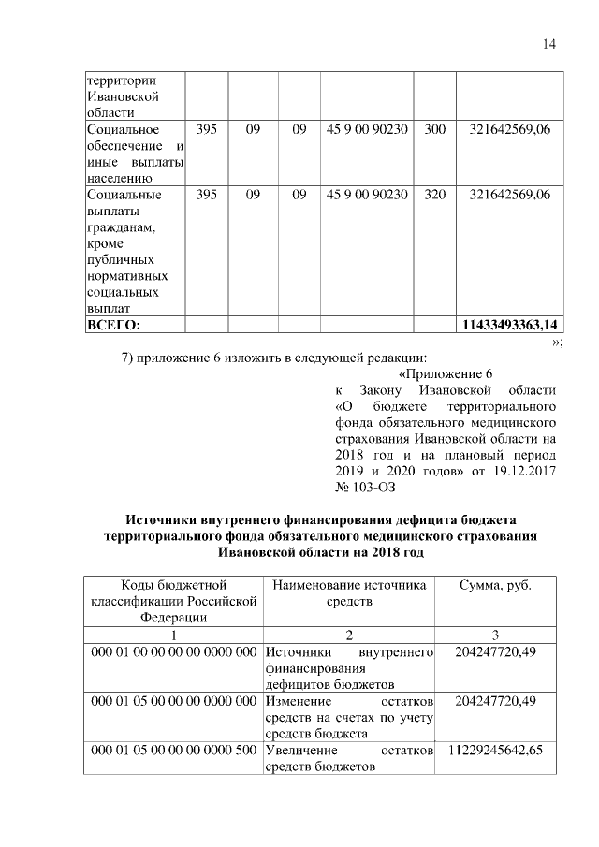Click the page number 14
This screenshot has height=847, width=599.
549,45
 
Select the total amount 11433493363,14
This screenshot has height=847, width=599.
510,325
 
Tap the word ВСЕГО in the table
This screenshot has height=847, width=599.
112,325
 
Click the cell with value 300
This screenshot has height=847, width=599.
434,128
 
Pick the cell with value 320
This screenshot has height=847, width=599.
434,195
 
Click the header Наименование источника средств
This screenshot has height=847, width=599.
349,592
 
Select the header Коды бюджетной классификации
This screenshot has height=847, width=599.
172,600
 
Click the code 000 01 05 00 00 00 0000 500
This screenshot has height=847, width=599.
173,752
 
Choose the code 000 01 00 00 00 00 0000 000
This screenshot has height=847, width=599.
173,651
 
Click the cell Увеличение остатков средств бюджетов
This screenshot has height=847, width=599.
349,760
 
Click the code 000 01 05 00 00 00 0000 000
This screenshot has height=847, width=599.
173,701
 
